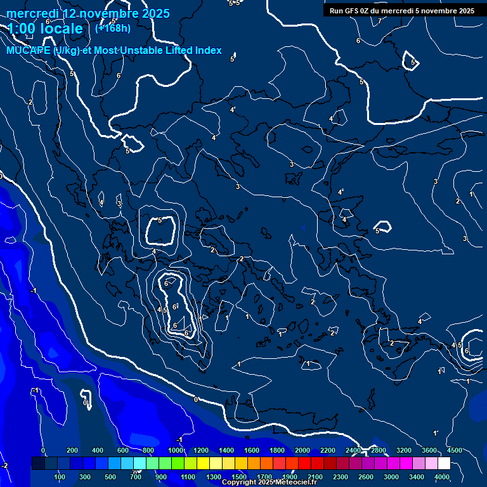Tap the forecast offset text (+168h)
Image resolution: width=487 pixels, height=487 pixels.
point(113,28)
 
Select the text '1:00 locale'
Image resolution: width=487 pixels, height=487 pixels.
point(45,29)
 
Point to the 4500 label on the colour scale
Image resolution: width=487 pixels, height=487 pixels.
point(454,450)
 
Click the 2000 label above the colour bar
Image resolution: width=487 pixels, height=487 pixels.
point(302,450)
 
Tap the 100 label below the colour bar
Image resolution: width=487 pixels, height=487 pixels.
point(60,477)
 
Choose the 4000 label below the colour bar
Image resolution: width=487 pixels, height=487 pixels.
point(442,477)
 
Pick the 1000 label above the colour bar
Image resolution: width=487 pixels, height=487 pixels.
point(174,450)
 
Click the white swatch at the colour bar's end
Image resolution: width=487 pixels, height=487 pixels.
point(444,464)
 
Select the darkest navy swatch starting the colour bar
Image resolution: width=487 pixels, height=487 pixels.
point(38,464)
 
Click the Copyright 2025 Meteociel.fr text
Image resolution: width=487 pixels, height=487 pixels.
point(269,483)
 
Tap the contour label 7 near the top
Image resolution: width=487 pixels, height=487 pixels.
point(380,22)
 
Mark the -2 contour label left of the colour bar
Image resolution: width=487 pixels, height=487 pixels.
point(4,465)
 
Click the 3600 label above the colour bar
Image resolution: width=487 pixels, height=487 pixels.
point(429,450)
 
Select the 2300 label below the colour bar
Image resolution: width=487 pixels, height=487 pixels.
point(340,477)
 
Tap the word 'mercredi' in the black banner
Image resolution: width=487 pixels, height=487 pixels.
point(397,11)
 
